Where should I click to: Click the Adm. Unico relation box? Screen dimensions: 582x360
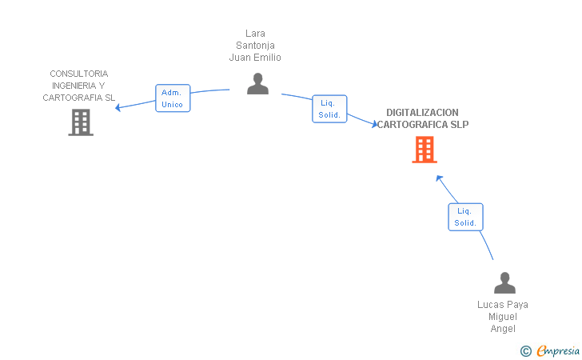click(x=173, y=98)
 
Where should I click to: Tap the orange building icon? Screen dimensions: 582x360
click(x=425, y=150)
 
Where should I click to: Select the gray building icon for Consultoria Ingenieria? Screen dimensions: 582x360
click(x=81, y=122)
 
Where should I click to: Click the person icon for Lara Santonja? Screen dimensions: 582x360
click(x=257, y=83)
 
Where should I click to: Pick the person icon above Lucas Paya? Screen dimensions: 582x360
click(x=504, y=282)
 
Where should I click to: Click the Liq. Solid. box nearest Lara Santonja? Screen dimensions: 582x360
click(x=329, y=109)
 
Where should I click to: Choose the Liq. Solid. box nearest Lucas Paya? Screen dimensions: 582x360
click(x=465, y=217)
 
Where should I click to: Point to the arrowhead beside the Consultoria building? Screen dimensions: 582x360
click(x=118, y=107)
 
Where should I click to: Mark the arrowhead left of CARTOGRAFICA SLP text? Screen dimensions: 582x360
click(x=374, y=124)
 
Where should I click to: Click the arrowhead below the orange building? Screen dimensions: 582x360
click(x=439, y=178)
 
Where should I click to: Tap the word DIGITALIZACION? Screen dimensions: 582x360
click(x=422, y=113)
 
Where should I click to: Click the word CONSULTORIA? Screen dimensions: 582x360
click(x=79, y=74)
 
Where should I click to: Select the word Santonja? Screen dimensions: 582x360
click(x=255, y=46)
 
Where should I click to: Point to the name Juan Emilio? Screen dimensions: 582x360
click(x=255, y=58)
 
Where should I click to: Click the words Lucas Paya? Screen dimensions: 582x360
click(x=503, y=305)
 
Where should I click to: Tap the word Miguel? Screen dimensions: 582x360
click(x=503, y=317)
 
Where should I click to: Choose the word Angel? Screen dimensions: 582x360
click(x=503, y=329)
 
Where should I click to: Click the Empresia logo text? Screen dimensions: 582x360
click(x=558, y=350)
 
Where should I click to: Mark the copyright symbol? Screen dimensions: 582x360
click(x=525, y=351)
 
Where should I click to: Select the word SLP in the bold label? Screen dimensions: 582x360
click(x=460, y=125)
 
